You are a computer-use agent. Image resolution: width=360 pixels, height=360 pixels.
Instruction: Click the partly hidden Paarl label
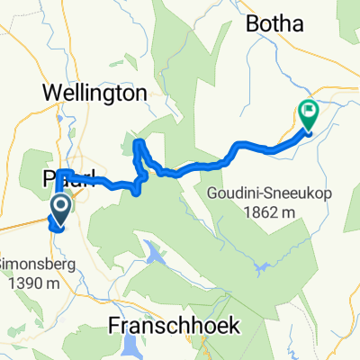click(x=59, y=179)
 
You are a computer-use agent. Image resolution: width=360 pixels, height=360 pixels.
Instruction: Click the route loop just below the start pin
click(x=58, y=228)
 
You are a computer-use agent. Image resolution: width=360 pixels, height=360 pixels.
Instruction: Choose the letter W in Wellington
click(x=49, y=92)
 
